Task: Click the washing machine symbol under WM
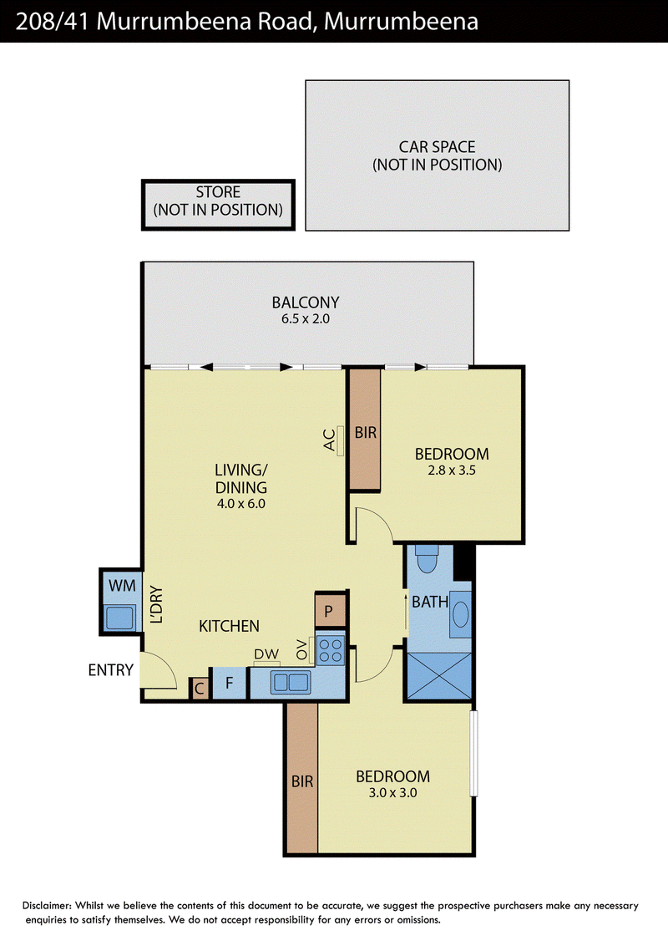pos(119,618)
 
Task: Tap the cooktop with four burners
pos(331,650)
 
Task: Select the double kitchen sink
pos(291,683)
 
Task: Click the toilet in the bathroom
pos(427,558)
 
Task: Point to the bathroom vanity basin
pos(461,614)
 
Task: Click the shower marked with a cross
pos(439,676)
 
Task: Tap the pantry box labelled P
pos(329,611)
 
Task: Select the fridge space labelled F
pos(229,684)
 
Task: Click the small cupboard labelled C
pos(199,689)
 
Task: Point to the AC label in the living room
pos(329,440)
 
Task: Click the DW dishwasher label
pos(266,654)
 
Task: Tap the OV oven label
pos(301,650)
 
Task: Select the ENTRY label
pos(110,670)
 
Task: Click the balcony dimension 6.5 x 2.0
pos(306,319)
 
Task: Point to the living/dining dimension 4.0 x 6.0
pos(241,504)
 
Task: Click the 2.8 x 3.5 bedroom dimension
pos(452,470)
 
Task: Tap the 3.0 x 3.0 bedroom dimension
pos(393,793)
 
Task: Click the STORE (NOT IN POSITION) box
pos(218,205)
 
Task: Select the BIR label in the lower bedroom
pos(302,782)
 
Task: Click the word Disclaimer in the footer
pos(47,906)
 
